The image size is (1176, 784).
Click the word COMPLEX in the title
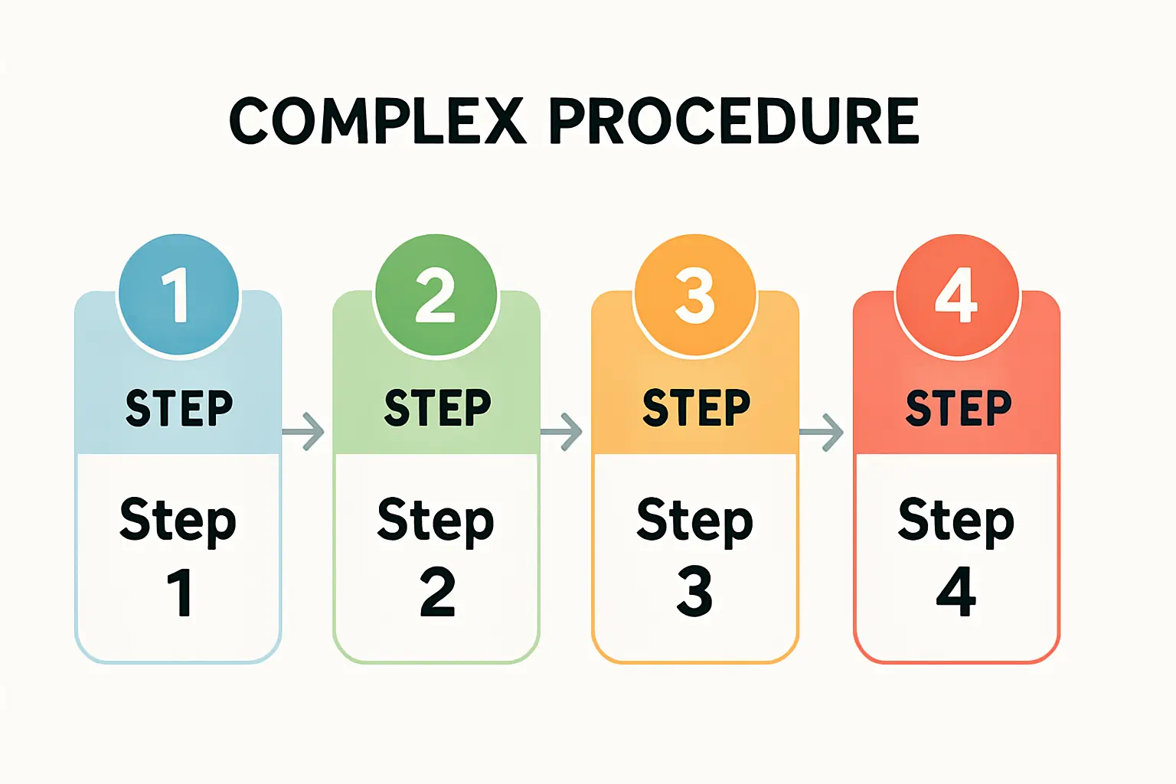pos(377,121)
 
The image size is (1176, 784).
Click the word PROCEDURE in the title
pos(734,121)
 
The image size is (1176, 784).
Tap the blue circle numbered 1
pos(178,295)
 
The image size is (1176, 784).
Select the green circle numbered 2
pos(436,295)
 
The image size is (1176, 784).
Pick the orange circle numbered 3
pos(695,295)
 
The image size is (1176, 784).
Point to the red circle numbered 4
pos(957,295)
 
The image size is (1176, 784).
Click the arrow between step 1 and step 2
pos(304,432)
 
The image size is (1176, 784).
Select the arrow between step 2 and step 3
pos(562,432)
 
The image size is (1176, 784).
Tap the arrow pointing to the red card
pos(822,432)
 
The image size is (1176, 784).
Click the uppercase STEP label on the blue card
pos(179,407)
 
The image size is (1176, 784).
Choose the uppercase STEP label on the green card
pos(437,407)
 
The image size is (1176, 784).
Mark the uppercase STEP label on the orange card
pos(696,407)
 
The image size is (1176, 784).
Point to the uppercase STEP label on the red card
pos(959,407)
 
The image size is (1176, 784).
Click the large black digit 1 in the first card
pos(180,592)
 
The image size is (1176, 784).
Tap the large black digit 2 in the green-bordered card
pos(437,592)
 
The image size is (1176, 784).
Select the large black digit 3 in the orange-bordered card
pos(694,592)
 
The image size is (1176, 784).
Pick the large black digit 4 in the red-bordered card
pos(956,592)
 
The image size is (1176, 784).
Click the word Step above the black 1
pos(178,521)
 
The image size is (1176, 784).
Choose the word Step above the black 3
pos(694,521)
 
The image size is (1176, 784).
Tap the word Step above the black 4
pos(956,521)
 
